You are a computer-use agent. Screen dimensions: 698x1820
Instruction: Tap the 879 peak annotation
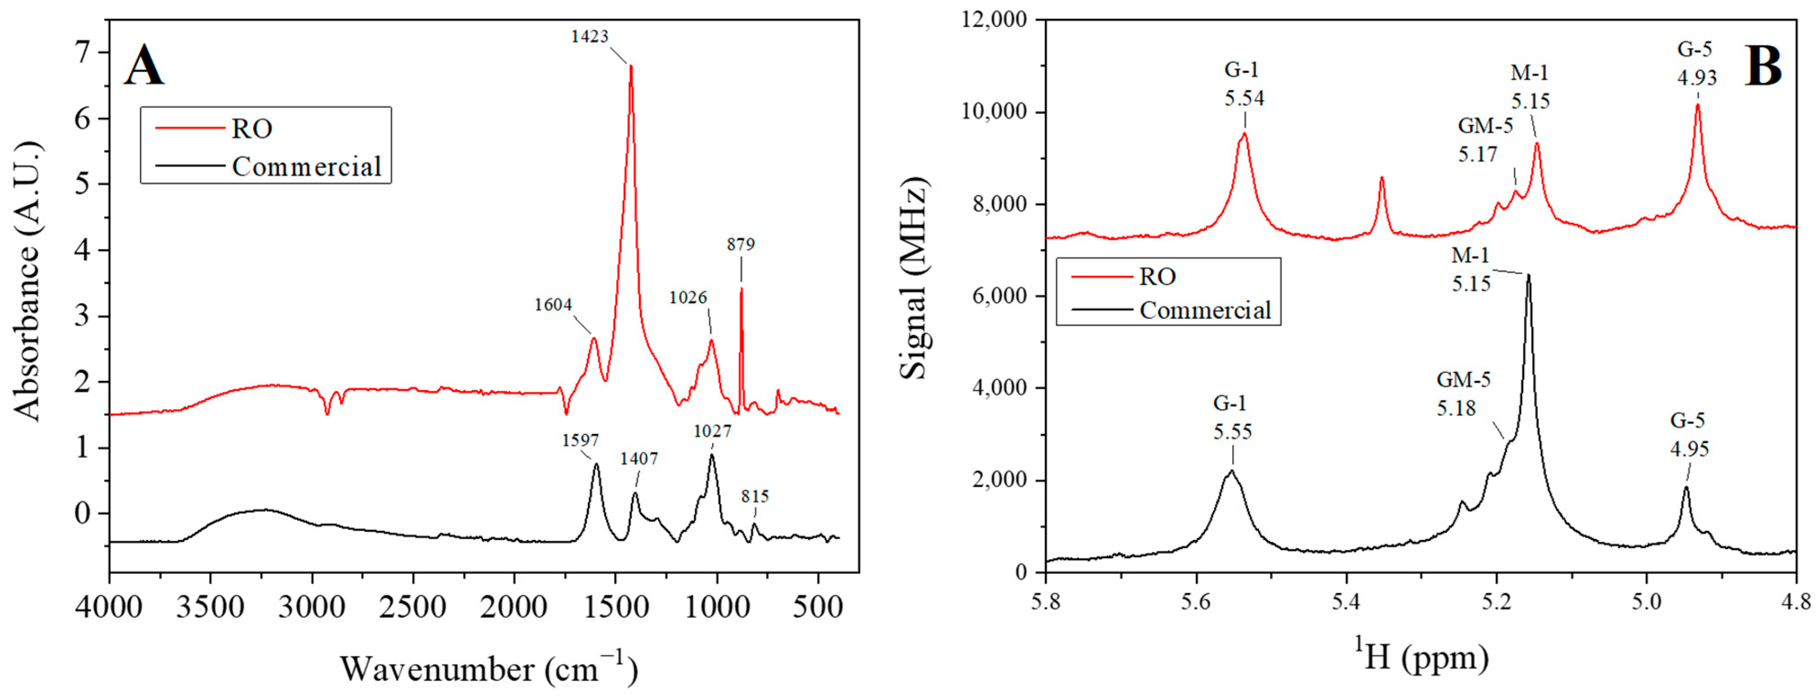tap(740, 245)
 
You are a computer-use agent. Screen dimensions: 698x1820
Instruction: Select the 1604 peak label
tap(553, 305)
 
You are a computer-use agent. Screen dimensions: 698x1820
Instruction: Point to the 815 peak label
tap(755, 497)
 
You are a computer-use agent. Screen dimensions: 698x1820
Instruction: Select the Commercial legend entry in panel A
tap(306, 167)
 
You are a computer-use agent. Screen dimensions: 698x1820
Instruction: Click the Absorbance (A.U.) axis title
tap(28, 281)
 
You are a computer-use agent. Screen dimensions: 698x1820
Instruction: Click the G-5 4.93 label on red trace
tap(1696, 64)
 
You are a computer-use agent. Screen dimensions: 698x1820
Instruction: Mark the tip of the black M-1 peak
tap(1528, 276)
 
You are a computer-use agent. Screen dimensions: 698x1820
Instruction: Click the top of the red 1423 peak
tap(631, 66)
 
